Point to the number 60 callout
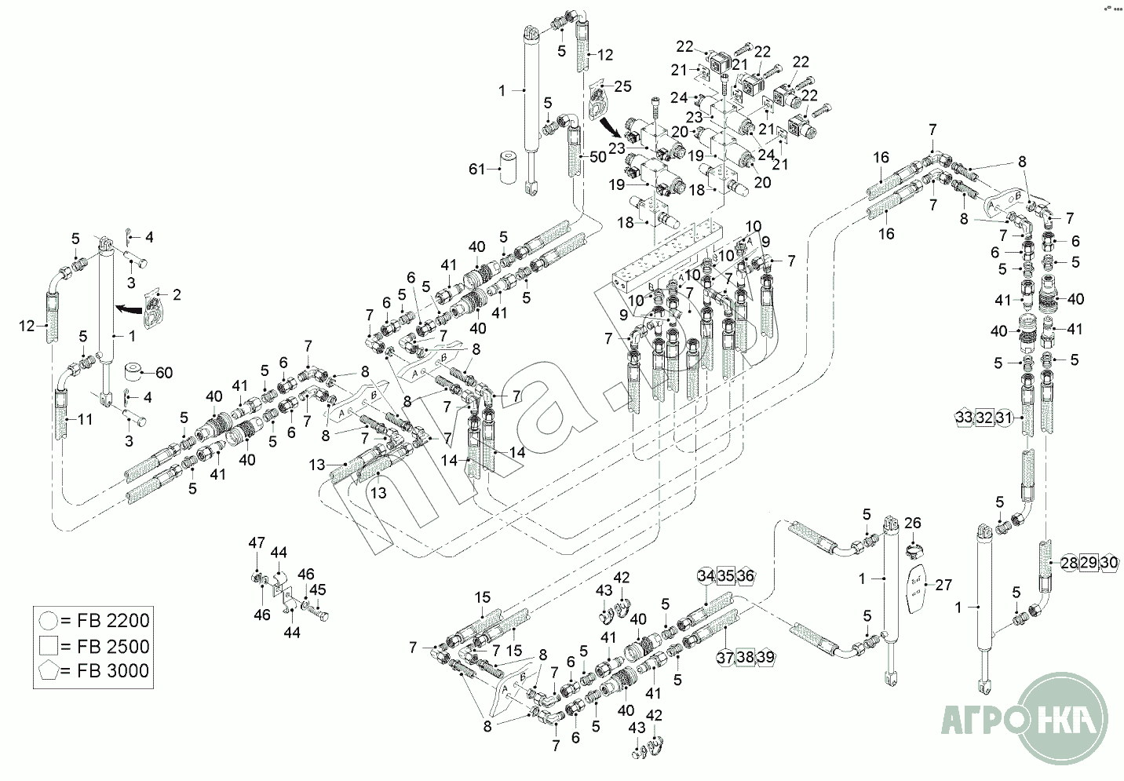point(163,372)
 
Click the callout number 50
point(598,157)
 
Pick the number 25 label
point(622,86)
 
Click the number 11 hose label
point(85,420)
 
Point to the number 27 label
point(943,585)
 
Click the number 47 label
point(257,542)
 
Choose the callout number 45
point(317,589)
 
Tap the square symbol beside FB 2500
point(47,647)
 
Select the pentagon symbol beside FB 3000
point(47,672)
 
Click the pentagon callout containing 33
point(965,418)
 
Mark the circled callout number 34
point(706,576)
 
